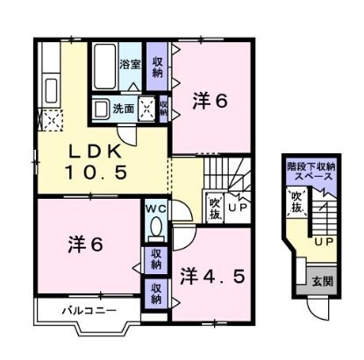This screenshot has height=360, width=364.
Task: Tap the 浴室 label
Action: point(131,62)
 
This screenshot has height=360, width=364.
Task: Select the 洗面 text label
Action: point(122,109)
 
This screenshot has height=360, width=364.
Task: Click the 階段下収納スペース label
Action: point(310,171)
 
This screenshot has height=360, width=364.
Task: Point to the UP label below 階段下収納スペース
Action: point(322,241)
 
